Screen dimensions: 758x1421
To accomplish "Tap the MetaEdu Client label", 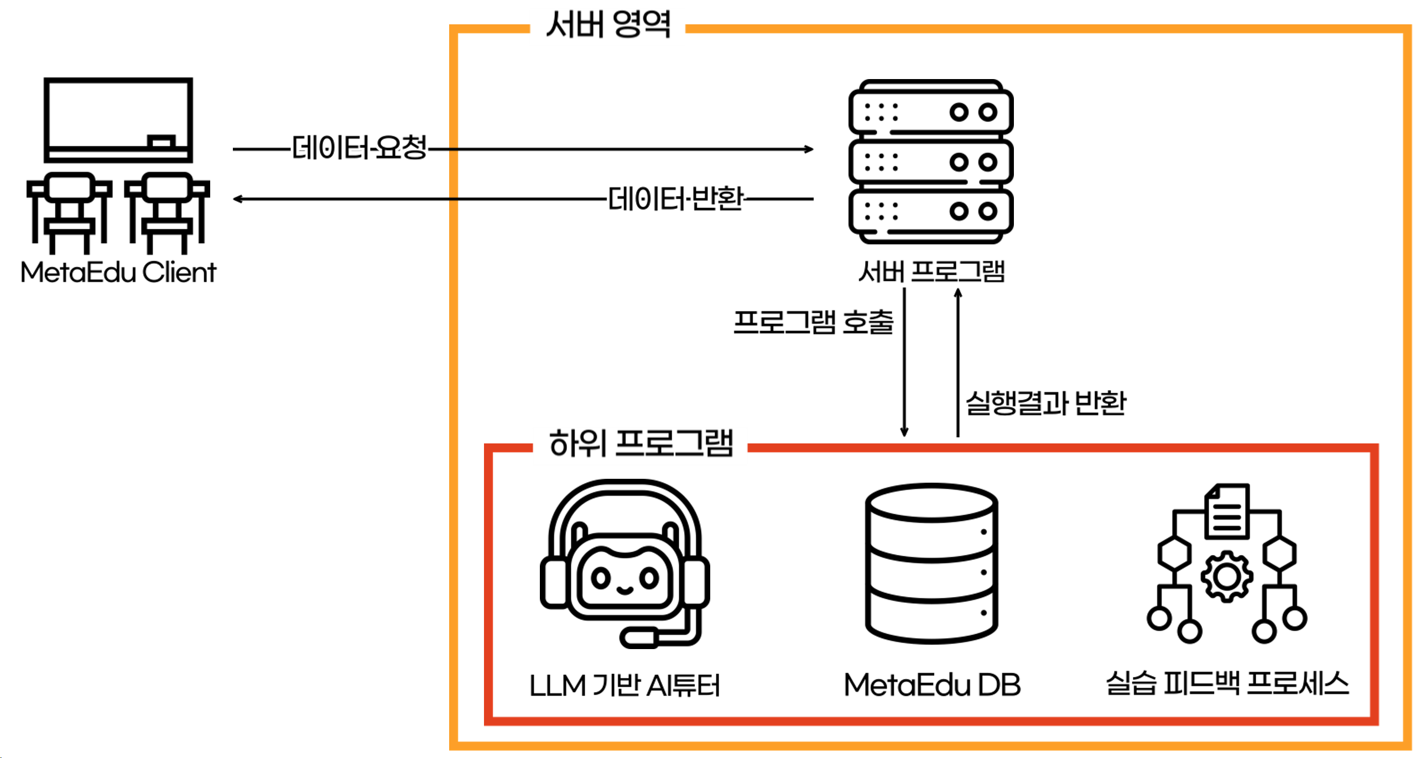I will (118, 272).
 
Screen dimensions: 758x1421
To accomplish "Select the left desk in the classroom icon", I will (69, 210).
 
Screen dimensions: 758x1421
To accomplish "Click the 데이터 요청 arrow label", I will (360, 148).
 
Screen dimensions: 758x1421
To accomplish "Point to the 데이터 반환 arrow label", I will (675, 198).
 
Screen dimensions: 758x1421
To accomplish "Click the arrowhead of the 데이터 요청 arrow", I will (809, 149).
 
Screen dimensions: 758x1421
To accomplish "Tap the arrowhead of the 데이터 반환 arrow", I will (237, 199).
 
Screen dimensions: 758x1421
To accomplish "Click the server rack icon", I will (931, 161).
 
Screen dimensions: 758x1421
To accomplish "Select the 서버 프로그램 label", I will (931, 271).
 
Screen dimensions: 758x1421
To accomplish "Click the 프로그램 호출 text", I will (813, 322).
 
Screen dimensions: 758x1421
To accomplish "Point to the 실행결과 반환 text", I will (1045, 402).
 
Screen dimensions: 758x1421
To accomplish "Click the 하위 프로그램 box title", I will (641, 443).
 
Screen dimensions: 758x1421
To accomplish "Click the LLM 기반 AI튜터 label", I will (624, 686).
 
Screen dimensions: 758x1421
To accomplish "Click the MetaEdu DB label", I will (931, 685).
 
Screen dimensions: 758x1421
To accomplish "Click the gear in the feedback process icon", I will (1226, 577).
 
